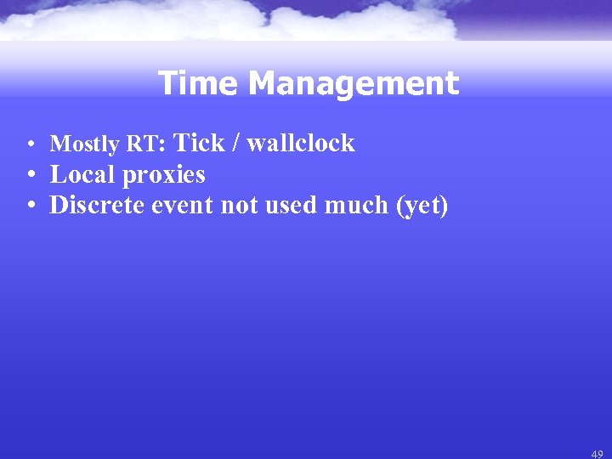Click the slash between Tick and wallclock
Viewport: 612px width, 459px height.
pyautogui.click(x=238, y=143)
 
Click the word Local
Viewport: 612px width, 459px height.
pyautogui.click(x=84, y=174)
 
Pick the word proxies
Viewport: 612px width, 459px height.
pyautogui.click(x=165, y=175)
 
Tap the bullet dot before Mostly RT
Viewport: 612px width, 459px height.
pyautogui.click(x=30, y=144)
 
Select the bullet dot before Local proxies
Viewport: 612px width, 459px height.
pyautogui.click(x=30, y=175)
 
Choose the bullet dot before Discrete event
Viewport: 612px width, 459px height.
pyautogui.click(x=30, y=206)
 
